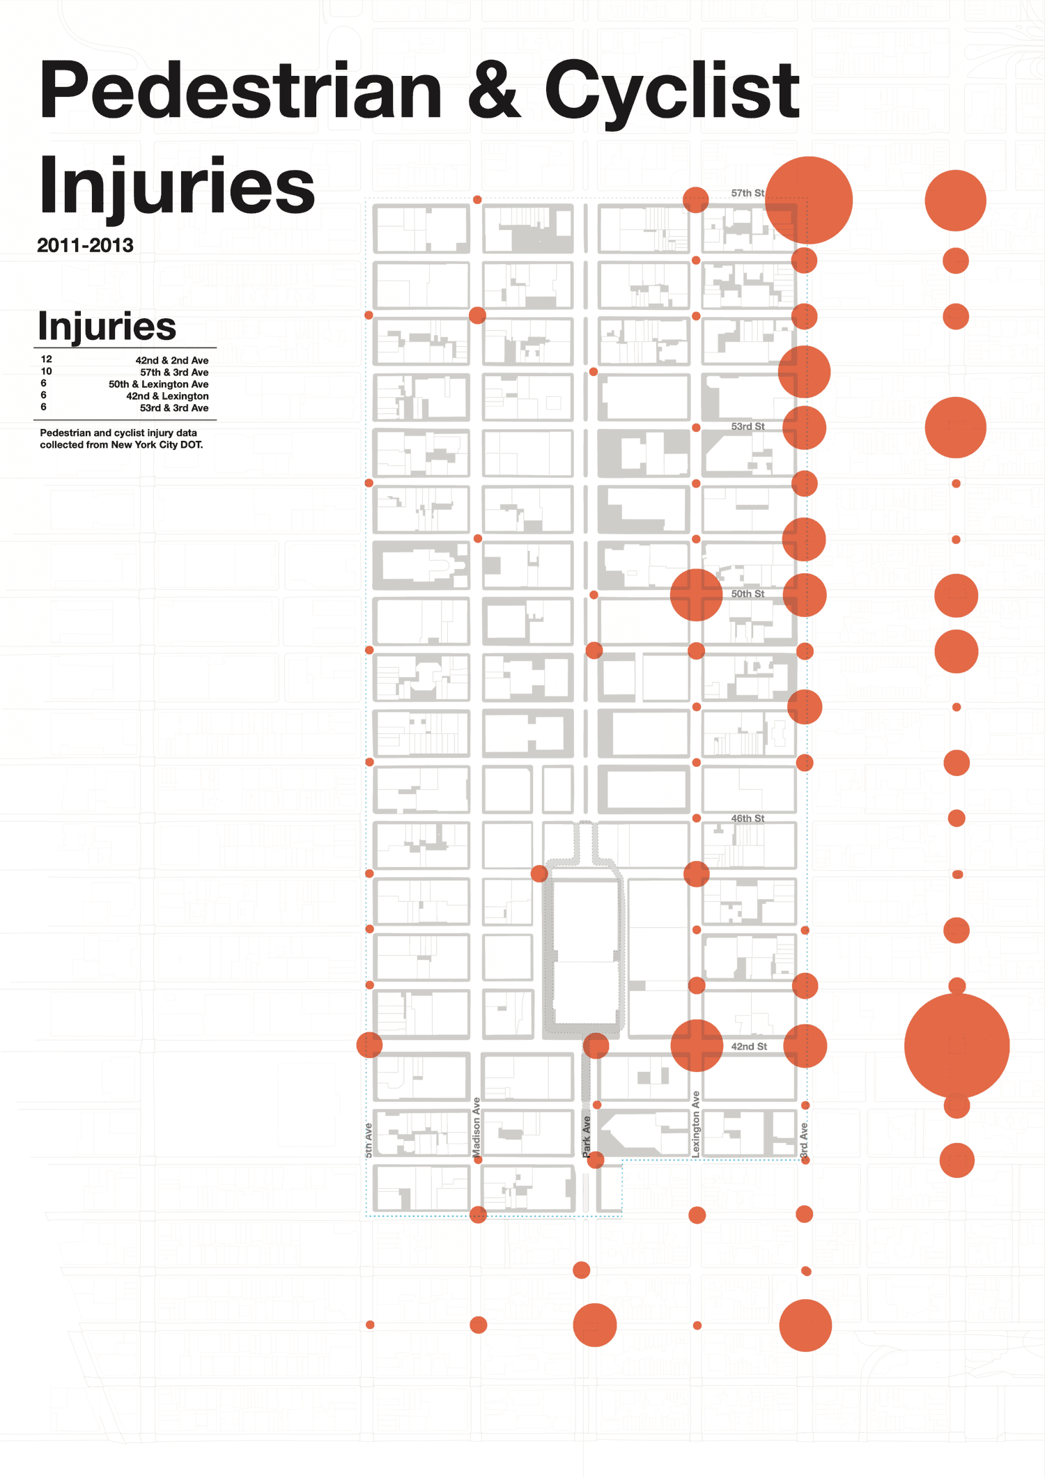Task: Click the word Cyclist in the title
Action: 672,91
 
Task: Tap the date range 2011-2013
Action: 85,245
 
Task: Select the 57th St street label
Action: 748,193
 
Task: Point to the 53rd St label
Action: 748,426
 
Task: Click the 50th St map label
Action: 748,593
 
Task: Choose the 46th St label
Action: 748,818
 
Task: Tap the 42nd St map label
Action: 749,1046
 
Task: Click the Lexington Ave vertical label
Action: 695,1124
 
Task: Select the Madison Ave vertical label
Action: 477,1128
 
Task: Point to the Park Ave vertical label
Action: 586,1137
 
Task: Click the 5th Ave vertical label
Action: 368,1140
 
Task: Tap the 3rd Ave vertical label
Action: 803,1140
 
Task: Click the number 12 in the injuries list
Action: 47,359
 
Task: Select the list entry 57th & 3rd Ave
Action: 174,373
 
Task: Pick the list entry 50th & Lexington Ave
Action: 158,384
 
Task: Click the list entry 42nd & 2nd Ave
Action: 172,361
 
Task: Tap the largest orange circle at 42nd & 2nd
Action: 957,1045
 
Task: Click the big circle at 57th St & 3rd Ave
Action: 808,200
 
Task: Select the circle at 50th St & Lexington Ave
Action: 696,595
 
